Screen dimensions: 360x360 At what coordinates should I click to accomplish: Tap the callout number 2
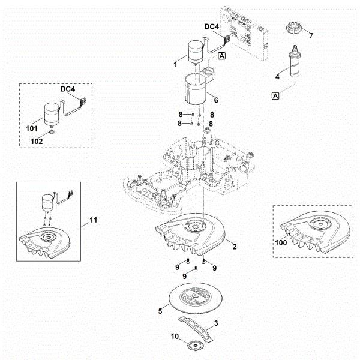[x=235, y=247]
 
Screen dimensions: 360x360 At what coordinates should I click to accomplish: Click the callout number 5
[x=160, y=311]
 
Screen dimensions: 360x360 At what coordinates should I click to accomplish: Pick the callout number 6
[x=215, y=100]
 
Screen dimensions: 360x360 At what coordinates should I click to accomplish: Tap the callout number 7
[x=311, y=37]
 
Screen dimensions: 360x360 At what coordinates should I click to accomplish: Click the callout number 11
[x=93, y=221]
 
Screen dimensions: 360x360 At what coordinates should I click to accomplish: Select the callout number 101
[x=32, y=128]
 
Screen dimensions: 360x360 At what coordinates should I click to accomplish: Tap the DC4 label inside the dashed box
[x=68, y=89]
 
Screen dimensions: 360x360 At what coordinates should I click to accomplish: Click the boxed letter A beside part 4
[x=277, y=95]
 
